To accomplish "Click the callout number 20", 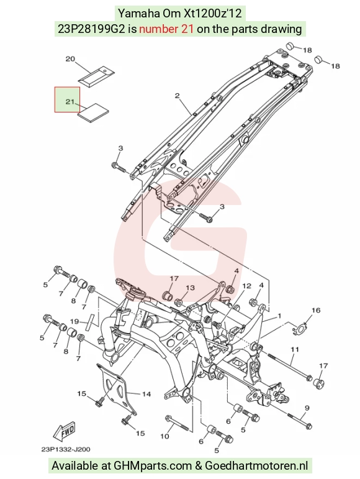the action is click(71, 59).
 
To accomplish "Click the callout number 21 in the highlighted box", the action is click(70, 101).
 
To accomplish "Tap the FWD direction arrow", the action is click(64, 432).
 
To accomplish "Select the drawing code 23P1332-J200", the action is click(66, 449).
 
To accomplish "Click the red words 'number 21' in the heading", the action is click(166, 29).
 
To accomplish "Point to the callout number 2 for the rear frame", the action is click(178, 96).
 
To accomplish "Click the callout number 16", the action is click(316, 311).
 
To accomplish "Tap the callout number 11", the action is click(295, 349).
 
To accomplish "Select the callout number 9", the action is click(307, 408).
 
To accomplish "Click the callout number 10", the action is click(164, 436).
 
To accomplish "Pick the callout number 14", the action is click(146, 394).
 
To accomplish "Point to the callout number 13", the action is click(190, 288).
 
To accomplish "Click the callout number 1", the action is click(279, 316).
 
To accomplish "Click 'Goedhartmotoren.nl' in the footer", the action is click(256, 465).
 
